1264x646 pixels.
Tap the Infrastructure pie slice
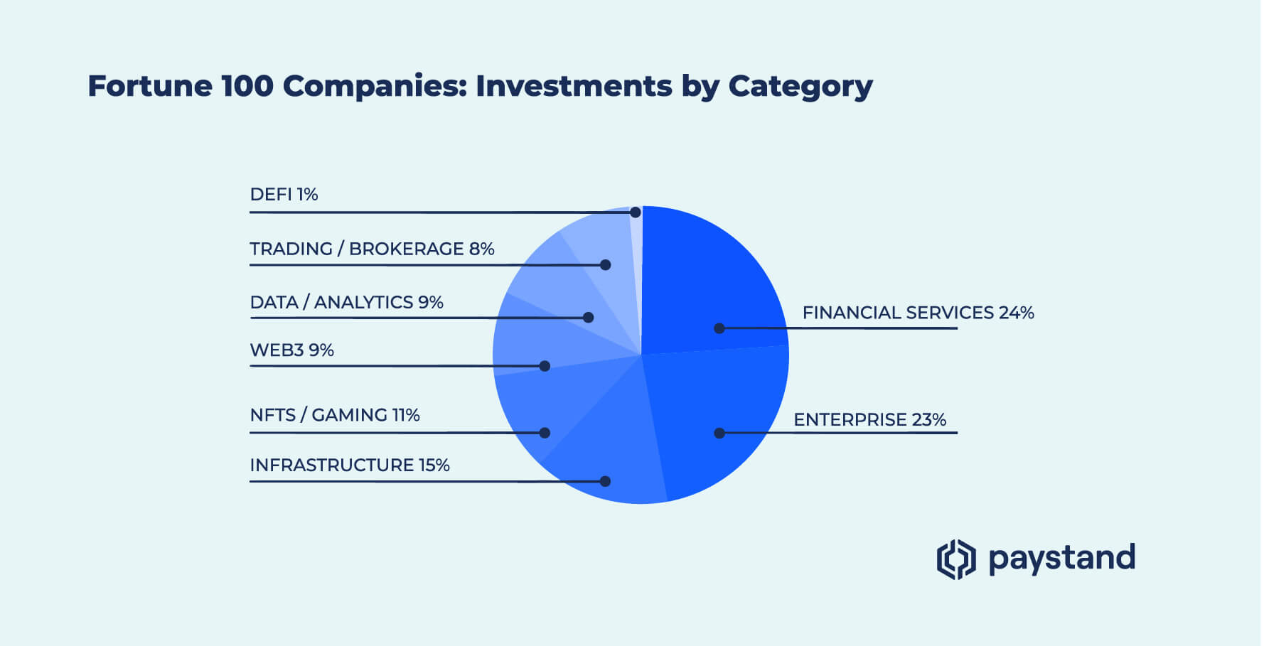point(611,441)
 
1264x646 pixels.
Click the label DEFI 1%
point(284,195)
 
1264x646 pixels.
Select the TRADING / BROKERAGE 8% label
point(372,249)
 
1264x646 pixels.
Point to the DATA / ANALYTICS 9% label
point(346,302)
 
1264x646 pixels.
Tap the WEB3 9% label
point(291,350)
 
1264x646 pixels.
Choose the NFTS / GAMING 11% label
point(335,415)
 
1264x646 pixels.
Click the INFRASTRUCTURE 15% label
point(350,465)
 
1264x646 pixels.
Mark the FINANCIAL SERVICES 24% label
point(918,313)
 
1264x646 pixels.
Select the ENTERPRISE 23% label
point(869,420)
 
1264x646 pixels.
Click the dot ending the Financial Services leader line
point(719,328)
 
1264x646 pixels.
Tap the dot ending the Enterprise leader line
point(719,433)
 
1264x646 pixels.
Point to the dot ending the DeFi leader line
point(636,212)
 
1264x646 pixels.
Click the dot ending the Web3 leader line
point(545,366)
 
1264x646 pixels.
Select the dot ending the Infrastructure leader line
point(605,481)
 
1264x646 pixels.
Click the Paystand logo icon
point(955,559)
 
